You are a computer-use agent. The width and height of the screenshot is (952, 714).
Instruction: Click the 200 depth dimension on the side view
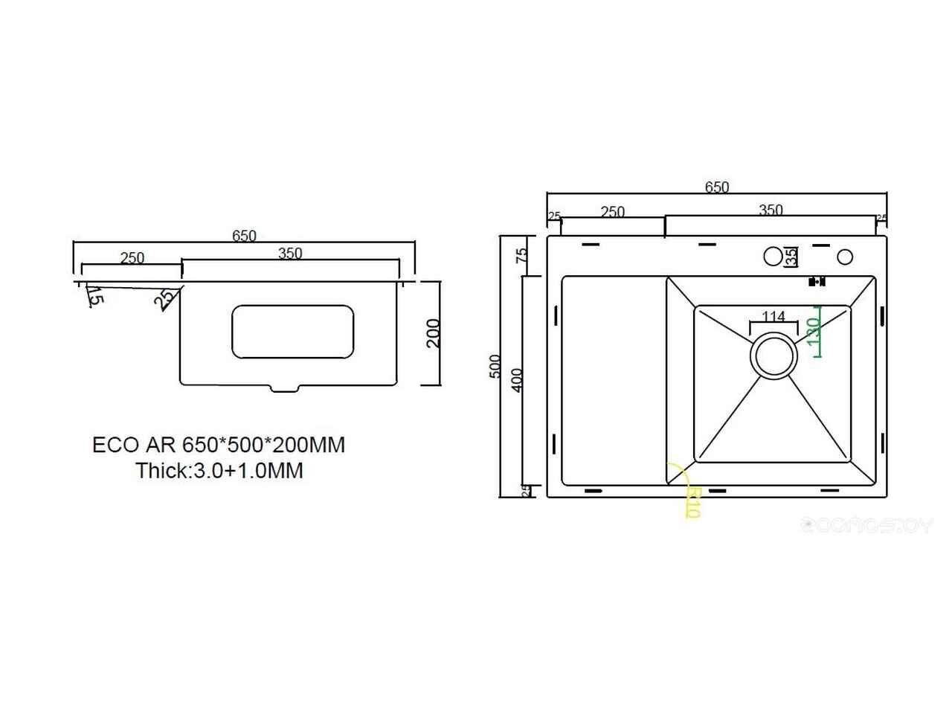click(x=434, y=332)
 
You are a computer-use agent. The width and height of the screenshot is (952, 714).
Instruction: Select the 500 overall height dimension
click(x=495, y=367)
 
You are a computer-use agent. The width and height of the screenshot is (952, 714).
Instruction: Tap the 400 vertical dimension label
click(x=518, y=379)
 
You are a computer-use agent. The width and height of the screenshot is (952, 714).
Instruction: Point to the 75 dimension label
click(x=522, y=255)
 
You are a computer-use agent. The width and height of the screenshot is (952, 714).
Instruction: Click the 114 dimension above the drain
click(x=773, y=317)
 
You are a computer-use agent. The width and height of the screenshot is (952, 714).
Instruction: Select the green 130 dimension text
click(x=813, y=330)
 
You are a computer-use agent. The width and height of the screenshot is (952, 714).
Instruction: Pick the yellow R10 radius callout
click(x=692, y=502)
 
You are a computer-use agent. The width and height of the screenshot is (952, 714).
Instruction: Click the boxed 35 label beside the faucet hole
click(x=791, y=257)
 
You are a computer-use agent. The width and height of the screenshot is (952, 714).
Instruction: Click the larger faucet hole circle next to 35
click(x=773, y=257)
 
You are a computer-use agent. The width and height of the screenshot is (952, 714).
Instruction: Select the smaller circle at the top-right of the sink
click(x=845, y=257)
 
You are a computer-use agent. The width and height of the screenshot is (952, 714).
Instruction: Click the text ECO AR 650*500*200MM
click(x=219, y=445)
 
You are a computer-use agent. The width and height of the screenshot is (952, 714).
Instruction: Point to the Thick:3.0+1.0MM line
click(x=219, y=470)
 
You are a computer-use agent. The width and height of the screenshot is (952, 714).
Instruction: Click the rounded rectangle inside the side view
click(x=292, y=330)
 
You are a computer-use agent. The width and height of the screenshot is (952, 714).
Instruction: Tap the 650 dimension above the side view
click(x=244, y=236)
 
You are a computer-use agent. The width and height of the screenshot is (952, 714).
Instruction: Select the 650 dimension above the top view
click(x=716, y=187)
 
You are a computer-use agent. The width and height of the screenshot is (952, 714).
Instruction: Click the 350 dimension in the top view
click(x=771, y=210)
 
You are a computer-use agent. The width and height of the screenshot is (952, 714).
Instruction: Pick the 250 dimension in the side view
click(x=132, y=258)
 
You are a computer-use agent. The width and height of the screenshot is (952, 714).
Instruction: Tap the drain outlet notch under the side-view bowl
click(x=286, y=387)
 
